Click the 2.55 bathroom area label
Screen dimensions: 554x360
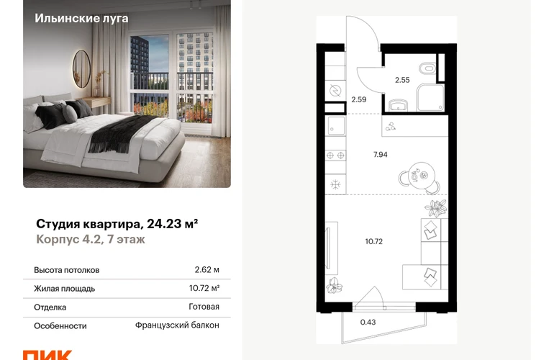click(402, 80)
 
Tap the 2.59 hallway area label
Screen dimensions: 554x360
click(358, 100)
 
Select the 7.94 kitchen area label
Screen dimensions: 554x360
click(380, 155)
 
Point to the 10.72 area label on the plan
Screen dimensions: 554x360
click(374, 241)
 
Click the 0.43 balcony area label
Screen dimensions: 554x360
click(368, 322)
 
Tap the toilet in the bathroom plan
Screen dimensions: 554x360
click(427, 68)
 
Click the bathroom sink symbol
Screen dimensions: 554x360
click(398, 105)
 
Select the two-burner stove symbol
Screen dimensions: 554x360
click(335, 156)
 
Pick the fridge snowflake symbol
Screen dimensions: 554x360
click(335, 184)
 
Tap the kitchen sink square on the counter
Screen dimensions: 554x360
click(336, 126)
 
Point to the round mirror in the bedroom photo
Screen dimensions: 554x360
click(81, 68)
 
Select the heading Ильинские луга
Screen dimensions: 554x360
click(81, 18)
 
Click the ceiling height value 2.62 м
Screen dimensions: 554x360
click(206, 270)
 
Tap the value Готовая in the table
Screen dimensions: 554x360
click(204, 307)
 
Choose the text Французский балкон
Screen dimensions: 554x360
click(177, 325)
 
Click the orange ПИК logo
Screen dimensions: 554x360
click(47, 355)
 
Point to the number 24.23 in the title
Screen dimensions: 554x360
click(163, 224)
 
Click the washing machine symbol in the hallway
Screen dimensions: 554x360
click(335, 91)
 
